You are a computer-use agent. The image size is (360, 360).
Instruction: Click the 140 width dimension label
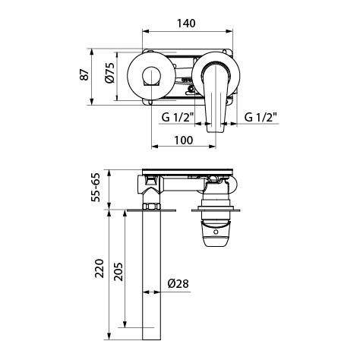[x=186, y=24]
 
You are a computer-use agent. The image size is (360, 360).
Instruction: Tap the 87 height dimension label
[x=85, y=74]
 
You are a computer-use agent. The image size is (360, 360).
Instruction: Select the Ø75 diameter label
[x=110, y=73]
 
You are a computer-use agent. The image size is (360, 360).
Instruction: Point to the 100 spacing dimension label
[x=184, y=140]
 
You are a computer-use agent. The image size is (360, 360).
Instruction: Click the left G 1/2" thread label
[x=178, y=117]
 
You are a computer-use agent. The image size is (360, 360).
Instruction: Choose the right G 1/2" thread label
[x=261, y=117]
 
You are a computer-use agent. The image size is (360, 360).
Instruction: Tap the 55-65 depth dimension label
[x=96, y=188]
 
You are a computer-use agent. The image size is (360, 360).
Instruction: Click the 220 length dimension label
[x=99, y=268]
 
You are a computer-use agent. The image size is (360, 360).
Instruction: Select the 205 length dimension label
[x=118, y=272]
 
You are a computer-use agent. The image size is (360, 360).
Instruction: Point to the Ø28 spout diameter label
[x=178, y=283]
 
